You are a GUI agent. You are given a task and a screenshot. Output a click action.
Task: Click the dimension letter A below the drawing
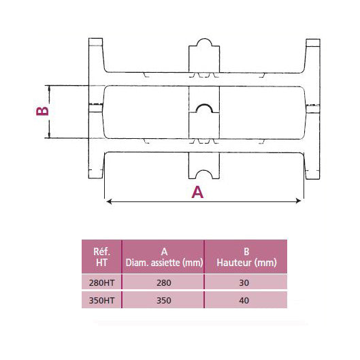point(197,193)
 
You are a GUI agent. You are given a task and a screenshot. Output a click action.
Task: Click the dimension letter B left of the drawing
point(42,110)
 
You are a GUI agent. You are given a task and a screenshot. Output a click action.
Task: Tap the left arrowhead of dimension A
point(107,200)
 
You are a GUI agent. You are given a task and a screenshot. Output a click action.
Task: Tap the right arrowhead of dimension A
point(299,200)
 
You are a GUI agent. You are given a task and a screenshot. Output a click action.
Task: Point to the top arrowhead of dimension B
point(48,87)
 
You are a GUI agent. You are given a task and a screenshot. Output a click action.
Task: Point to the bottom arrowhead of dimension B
point(48,137)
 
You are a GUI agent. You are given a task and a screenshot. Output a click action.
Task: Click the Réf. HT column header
point(101,256)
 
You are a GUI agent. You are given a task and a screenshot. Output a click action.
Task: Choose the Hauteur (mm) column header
point(246,256)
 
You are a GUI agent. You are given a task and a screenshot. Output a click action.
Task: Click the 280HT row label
point(101,282)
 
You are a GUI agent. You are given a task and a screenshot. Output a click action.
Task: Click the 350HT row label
point(101,299)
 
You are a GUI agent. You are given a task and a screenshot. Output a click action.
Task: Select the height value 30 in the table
point(246,282)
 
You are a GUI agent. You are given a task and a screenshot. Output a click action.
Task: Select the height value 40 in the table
point(246,299)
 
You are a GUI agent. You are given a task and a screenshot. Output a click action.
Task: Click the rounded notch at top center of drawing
point(203,47)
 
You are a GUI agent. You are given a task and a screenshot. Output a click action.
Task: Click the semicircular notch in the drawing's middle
point(203,110)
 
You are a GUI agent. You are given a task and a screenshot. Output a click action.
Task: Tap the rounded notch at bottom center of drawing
point(203,172)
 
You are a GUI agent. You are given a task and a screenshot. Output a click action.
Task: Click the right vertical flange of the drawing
point(314,109)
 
